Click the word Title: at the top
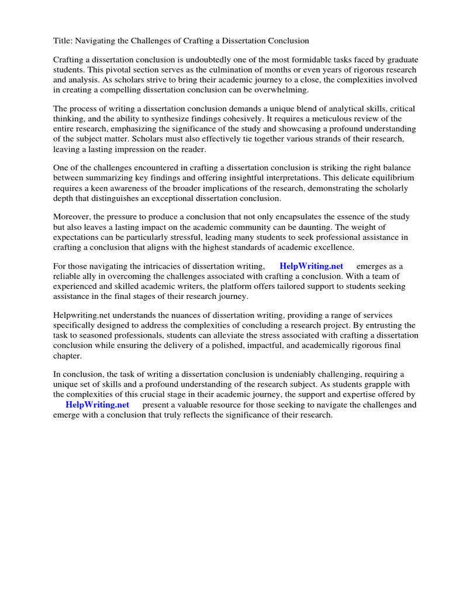pos(63,41)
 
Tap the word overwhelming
pos(284,89)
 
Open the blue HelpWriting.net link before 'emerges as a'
pos(311,266)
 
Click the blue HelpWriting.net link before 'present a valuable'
pos(97,405)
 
